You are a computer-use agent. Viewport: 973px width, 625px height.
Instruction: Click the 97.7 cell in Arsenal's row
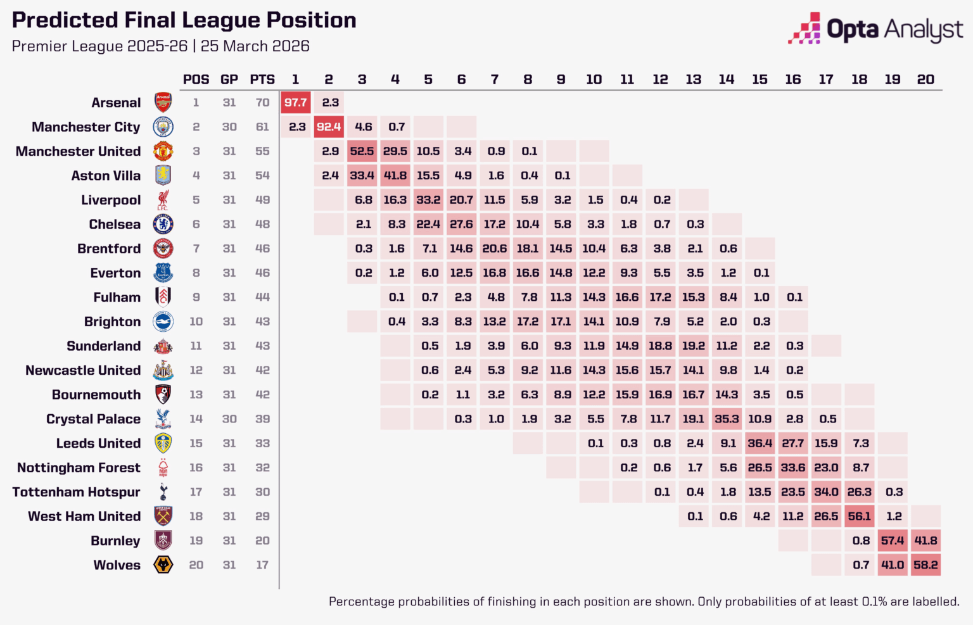[296, 103]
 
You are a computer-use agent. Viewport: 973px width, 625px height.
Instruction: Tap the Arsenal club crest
[163, 103]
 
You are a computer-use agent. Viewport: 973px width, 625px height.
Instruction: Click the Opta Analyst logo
[875, 30]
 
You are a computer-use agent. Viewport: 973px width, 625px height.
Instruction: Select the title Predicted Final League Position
[184, 20]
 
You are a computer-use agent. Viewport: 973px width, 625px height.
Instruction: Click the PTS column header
[262, 80]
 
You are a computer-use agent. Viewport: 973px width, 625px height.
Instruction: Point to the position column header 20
[925, 80]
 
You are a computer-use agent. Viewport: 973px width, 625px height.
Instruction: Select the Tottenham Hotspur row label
[76, 492]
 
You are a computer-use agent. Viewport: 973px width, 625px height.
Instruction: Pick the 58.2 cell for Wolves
[925, 565]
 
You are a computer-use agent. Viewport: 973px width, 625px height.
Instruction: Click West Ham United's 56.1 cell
[859, 516]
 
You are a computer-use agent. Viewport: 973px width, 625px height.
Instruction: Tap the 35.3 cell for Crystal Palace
[727, 419]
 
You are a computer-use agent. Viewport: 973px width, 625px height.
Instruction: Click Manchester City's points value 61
[262, 127]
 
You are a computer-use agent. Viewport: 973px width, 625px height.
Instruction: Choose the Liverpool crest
[163, 200]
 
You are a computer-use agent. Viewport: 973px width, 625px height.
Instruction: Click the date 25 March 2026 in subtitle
[255, 46]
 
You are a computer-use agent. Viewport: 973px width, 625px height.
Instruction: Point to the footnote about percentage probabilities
[644, 602]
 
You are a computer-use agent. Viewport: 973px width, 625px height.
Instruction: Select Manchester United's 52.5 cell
[362, 151]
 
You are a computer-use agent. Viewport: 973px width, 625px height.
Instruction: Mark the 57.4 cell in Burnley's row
[893, 541]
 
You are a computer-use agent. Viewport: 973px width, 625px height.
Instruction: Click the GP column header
[229, 80]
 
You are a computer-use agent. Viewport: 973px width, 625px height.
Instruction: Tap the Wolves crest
[163, 565]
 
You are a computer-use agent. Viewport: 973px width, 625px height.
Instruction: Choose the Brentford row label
[109, 249]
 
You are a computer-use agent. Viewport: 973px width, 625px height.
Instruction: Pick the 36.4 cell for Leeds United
[760, 443]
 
